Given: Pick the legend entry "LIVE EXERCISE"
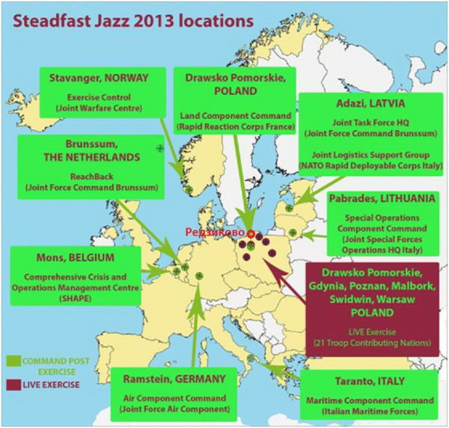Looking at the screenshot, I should (57, 384).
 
